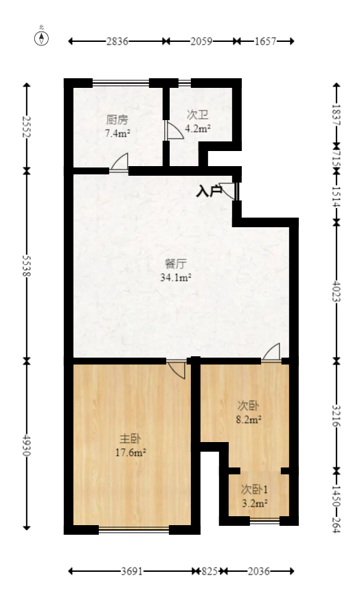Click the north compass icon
(x=42, y=37)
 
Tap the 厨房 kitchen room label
(x=117, y=118)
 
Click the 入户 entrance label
(x=209, y=192)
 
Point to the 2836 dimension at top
(x=117, y=42)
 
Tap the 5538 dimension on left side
(x=27, y=264)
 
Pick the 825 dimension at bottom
(x=210, y=571)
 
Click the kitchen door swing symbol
(x=120, y=163)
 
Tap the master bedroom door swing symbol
(x=177, y=369)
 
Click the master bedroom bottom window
(x=135, y=529)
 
